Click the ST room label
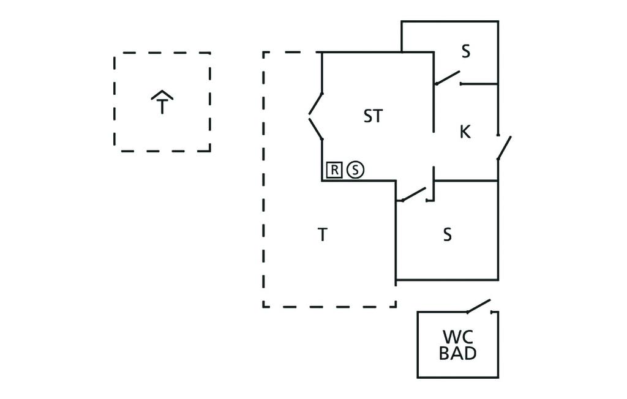pyautogui.click(x=373, y=116)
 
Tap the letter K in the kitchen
pyautogui.click(x=465, y=132)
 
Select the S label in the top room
pyautogui.click(x=466, y=52)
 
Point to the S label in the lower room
pyautogui.click(x=448, y=234)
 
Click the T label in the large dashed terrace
pyautogui.click(x=323, y=234)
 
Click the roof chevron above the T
pyautogui.click(x=162, y=94)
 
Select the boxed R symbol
pyautogui.click(x=334, y=170)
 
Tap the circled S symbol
pyautogui.click(x=355, y=170)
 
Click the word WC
pyautogui.click(x=457, y=337)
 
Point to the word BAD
pyautogui.click(x=457, y=353)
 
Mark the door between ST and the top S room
pyautogui.click(x=447, y=78)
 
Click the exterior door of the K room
pyautogui.click(x=504, y=148)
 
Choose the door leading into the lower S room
pyautogui.click(x=411, y=194)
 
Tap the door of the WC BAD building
pyautogui.click(x=479, y=305)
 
